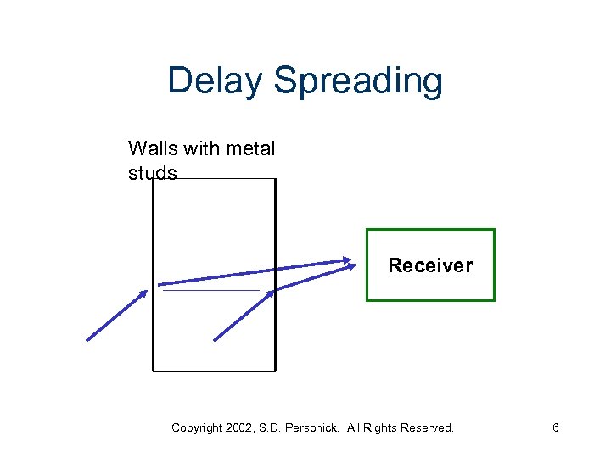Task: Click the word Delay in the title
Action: coord(215,81)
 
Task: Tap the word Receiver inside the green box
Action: coord(430,265)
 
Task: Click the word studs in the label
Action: coord(153,173)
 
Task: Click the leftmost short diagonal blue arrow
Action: coord(116,315)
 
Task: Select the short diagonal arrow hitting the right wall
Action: coord(244,315)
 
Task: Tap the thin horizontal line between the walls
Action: coord(210,291)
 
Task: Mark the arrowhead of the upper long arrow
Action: coord(346,260)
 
